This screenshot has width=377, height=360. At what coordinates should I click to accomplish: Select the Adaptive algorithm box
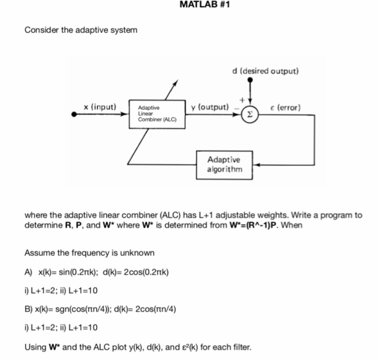[225, 164]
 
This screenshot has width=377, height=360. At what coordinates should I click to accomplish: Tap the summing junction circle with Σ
[250, 115]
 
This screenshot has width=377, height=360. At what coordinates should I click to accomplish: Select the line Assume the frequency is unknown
[89, 253]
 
